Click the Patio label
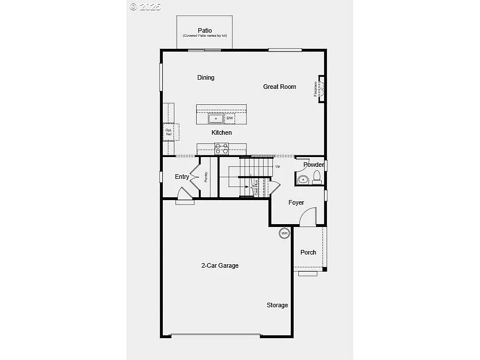click(x=205, y=30)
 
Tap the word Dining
click(x=206, y=77)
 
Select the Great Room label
click(x=280, y=87)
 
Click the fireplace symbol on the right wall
click(x=321, y=89)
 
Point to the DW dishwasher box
click(x=229, y=118)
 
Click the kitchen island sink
click(x=216, y=119)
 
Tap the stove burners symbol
click(x=221, y=149)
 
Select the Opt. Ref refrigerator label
click(x=169, y=132)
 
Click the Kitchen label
click(x=222, y=132)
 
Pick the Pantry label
click(x=206, y=177)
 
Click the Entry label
click(x=182, y=177)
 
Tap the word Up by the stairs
click(x=278, y=167)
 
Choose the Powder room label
click(x=313, y=165)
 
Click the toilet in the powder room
click(x=317, y=178)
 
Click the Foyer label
click(x=296, y=202)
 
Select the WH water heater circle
click(x=284, y=233)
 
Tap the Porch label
click(x=309, y=252)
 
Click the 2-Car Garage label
click(x=220, y=265)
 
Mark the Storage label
click(x=277, y=305)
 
